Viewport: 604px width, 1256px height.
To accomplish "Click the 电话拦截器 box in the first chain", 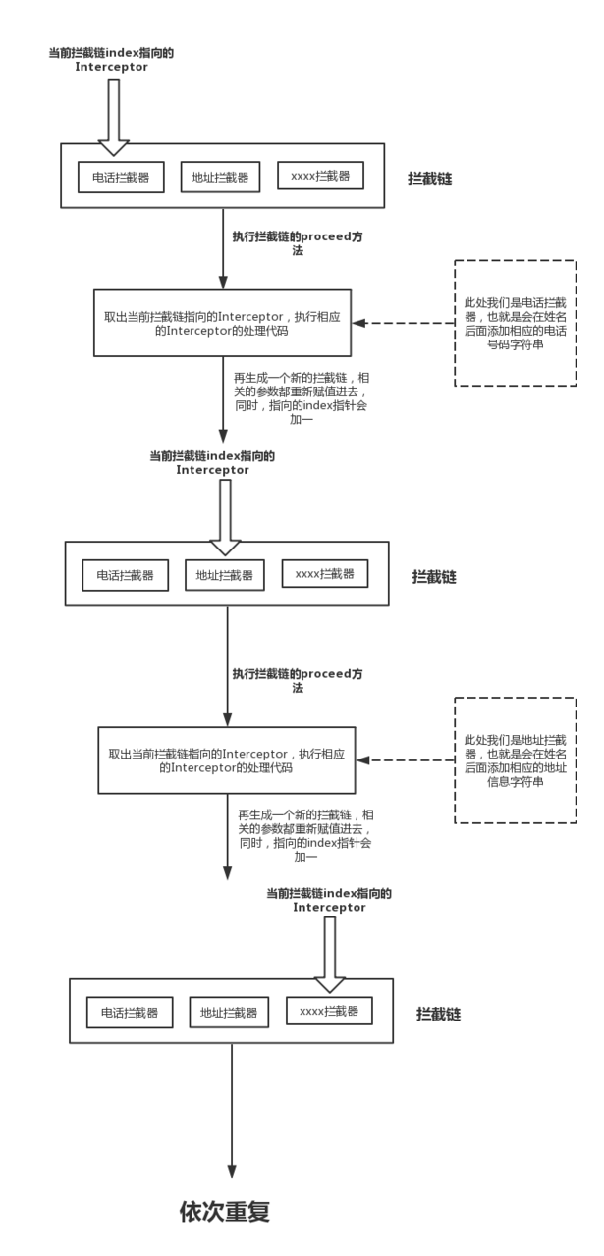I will pyautogui.click(x=121, y=178).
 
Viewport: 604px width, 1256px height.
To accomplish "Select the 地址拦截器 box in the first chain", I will pyautogui.click(x=220, y=178).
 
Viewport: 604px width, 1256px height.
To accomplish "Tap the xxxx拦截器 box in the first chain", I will pyautogui.click(x=320, y=176).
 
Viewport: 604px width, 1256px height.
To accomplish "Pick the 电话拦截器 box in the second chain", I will pyautogui.click(x=125, y=575).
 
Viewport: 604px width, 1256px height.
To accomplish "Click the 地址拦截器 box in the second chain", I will pyautogui.click(x=224, y=575).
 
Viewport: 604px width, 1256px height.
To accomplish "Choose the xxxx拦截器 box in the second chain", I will pyautogui.click(x=324, y=574).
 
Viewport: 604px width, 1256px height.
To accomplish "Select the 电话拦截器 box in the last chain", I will pyautogui.click(x=129, y=1012).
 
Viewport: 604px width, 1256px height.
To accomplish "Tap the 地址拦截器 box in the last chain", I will pyautogui.click(x=228, y=1012).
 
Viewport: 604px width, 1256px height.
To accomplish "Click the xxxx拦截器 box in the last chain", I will pyautogui.click(x=329, y=1011).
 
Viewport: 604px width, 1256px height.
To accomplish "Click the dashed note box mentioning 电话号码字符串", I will pyautogui.click(x=516, y=323).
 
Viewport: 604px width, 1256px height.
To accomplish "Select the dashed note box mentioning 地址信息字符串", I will pyautogui.click(x=516, y=760).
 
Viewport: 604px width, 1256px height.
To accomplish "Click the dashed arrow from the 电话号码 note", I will pyautogui.click(x=403, y=323).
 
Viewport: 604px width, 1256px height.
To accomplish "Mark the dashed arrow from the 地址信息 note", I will pyautogui.click(x=406, y=759).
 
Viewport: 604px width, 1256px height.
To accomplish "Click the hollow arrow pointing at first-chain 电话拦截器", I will pyautogui.click(x=114, y=118).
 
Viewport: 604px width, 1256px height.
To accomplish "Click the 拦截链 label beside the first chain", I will pyautogui.click(x=430, y=179).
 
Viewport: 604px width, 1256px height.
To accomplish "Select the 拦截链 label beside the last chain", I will pyautogui.click(x=438, y=1014).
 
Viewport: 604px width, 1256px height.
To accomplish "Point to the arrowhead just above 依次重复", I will pyautogui.click(x=232, y=1171).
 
